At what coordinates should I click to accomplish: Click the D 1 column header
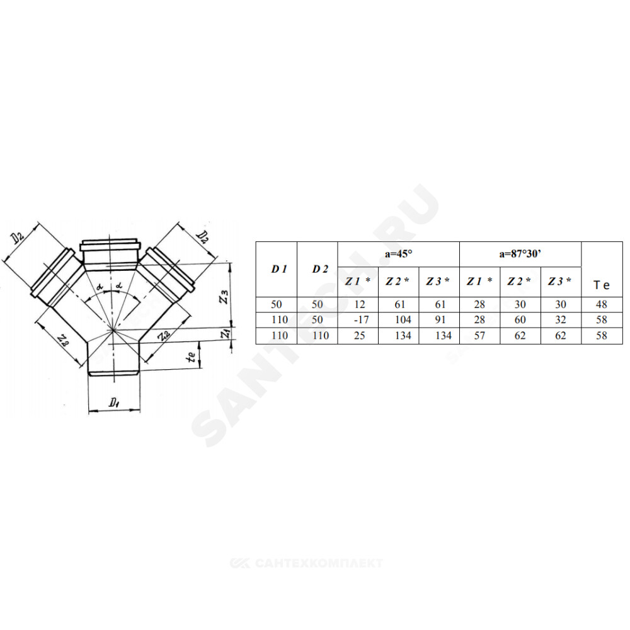point(279,269)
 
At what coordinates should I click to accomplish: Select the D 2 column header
point(320,269)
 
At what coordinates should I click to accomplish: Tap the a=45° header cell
point(399,254)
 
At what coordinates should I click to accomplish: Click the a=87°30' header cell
point(520,254)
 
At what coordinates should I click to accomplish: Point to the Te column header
point(602,285)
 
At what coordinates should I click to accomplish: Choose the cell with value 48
point(602,304)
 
